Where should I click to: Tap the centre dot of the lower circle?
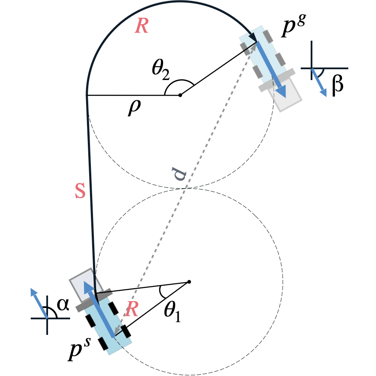189,282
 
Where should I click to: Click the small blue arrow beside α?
39,303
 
